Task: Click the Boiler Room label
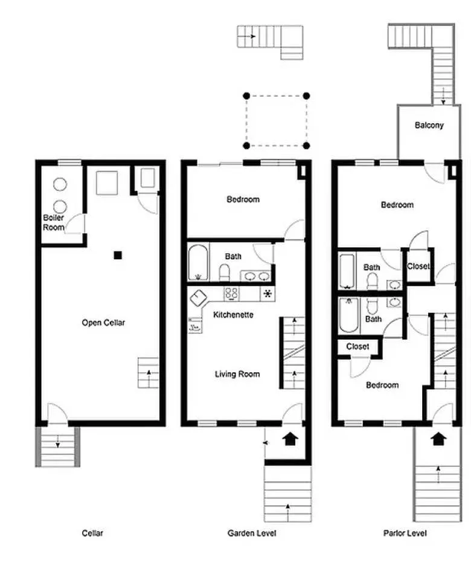[x=53, y=222]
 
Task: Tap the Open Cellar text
[x=103, y=323]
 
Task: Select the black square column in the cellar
[x=118, y=255]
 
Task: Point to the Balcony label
[x=429, y=125]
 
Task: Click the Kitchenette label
[x=233, y=315]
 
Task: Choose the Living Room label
[x=237, y=374]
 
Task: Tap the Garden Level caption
[x=252, y=533]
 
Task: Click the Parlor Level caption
[x=405, y=533]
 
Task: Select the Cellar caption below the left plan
[x=92, y=533]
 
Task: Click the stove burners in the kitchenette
[x=232, y=294]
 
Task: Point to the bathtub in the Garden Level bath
[x=197, y=262]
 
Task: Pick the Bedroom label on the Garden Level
[x=243, y=199]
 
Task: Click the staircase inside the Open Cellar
[x=149, y=373]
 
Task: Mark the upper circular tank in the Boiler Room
[x=60, y=184]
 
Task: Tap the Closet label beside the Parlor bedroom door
[x=418, y=266]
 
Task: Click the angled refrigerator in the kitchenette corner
[x=199, y=297]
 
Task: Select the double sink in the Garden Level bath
[x=257, y=277]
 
